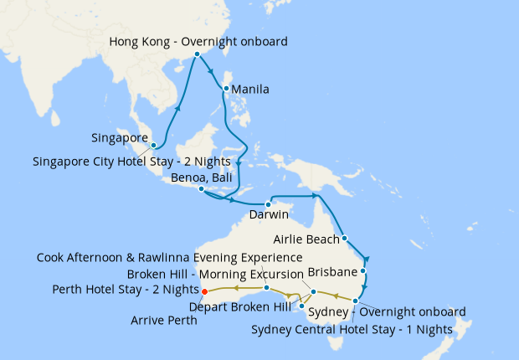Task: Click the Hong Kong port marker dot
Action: (x=197, y=54)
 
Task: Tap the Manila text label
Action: (x=249, y=90)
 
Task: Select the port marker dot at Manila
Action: (x=226, y=87)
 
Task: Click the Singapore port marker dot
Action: (x=153, y=146)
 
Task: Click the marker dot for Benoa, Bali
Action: (x=201, y=189)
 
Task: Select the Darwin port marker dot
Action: (x=268, y=204)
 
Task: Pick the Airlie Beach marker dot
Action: (x=345, y=239)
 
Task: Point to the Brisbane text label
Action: (x=333, y=273)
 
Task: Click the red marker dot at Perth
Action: (x=204, y=291)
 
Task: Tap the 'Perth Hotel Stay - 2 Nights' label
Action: (x=126, y=290)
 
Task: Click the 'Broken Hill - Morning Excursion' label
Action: (x=215, y=274)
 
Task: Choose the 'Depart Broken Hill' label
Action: (x=239, y=306)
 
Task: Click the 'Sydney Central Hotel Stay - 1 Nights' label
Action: (x=352, y=329)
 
